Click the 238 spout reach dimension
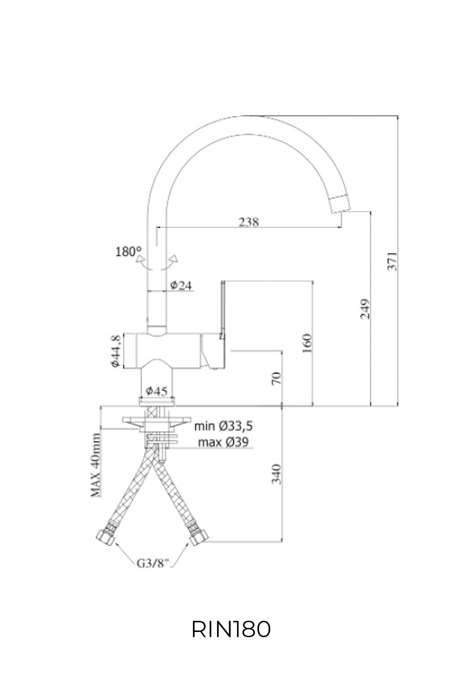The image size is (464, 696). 249,222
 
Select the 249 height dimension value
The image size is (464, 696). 365,309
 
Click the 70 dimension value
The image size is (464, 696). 277,378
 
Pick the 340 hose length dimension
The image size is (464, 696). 277,473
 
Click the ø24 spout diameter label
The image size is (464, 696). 180,286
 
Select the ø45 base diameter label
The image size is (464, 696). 156,391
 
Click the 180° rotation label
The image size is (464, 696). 129,252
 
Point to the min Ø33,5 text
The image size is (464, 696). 224,426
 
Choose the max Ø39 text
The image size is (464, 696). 223,442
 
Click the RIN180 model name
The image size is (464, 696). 231,630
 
